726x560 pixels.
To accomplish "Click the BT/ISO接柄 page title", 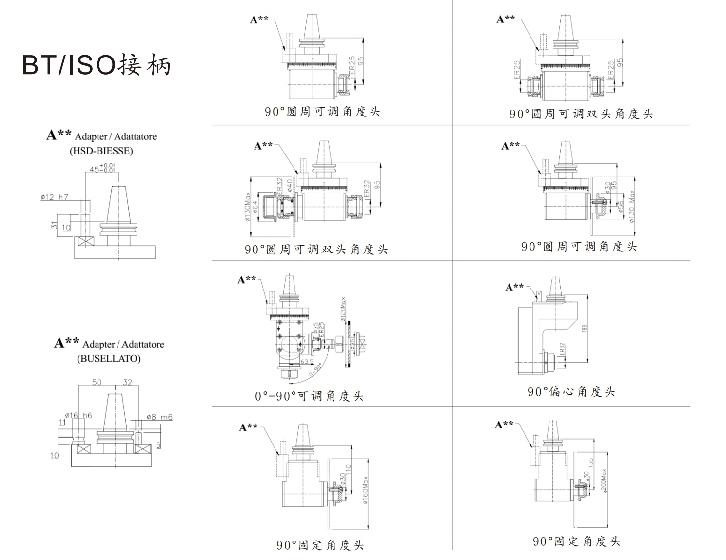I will tap(97, 64).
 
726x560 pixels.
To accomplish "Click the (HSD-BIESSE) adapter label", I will tap(101, 151).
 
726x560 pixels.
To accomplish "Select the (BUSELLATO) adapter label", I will tap(108, 358).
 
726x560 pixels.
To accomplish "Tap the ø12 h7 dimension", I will tap(54, 197).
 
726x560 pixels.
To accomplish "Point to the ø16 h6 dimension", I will tap(79, 416).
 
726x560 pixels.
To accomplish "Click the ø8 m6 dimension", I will tap(159, 417).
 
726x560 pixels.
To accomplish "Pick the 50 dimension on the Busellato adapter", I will tap(97, 382).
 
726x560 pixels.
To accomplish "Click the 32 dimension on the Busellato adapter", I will tap(127, 382).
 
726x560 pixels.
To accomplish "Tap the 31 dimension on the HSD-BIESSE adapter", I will tap(55, 226).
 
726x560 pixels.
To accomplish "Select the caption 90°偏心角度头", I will tap(571, 391).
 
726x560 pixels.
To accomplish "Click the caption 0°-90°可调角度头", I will tap(309, 396).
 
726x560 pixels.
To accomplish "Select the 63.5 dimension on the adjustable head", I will tap(307, 362).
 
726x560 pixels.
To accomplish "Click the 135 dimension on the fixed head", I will tap(591, 462).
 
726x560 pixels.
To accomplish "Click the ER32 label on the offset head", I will tap(562, 349).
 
